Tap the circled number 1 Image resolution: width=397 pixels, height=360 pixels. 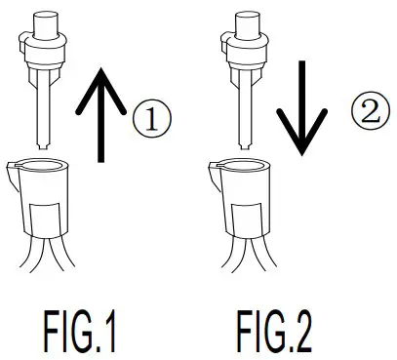pyautogui.click(x=151, y=121)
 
